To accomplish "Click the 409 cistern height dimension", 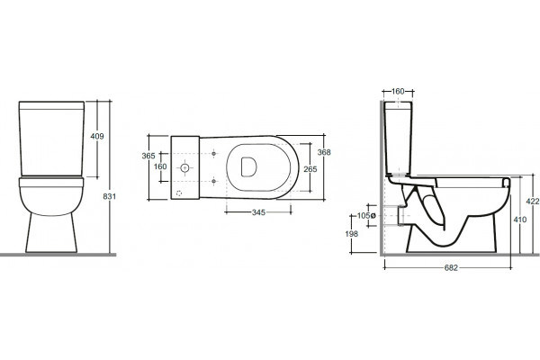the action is tap(97, 137).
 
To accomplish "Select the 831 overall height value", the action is tap(110, 197).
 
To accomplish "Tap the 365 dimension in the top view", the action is tap(148, 156).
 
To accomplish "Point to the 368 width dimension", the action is tap(324, 152).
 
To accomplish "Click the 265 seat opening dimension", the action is tap(310, 169).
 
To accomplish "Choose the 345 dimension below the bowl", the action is tap(258, 212).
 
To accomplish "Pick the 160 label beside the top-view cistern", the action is tap(160, 166).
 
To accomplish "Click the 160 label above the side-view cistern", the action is tap(398, 91).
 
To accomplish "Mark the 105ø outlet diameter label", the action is tap(366, 216).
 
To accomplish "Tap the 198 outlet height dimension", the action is tap(352, 234).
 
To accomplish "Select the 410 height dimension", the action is tap(519, 220).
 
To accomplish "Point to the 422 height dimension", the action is tap(533, 202).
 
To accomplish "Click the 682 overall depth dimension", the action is tap(451, 267).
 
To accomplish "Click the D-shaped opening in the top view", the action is tap(248, 167).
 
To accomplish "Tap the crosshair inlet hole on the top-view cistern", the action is tap(184, 168).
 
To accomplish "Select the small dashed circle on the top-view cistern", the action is tap(179, 193).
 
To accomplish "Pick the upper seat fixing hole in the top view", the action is tap(214, 153).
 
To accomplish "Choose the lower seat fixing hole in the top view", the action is tap(214, 181).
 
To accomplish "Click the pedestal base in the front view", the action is tap(51, 232).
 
